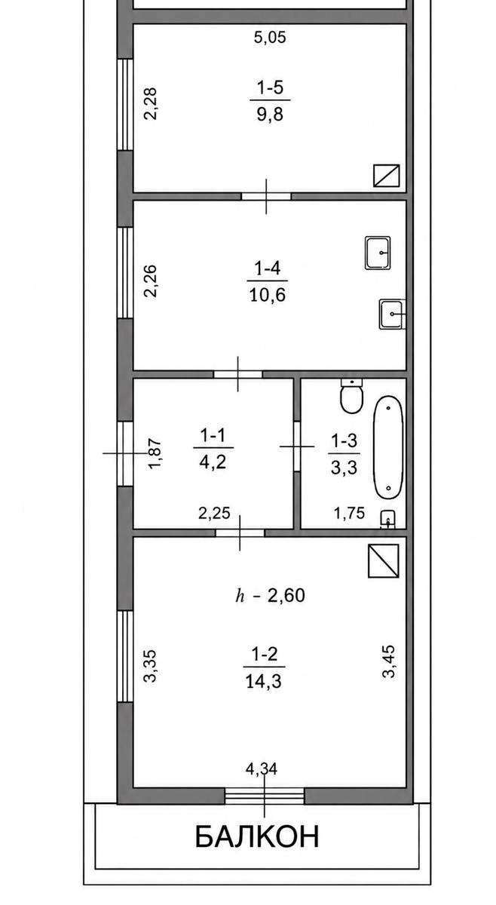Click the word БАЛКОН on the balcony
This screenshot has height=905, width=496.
257,836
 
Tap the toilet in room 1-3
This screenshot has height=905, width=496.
352,396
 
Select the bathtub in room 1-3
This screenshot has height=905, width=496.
388,447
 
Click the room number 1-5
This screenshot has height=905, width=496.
270,87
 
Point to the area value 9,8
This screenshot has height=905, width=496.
270,115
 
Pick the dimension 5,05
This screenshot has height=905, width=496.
270,37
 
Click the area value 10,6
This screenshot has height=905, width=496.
268,295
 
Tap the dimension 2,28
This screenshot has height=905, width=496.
151,104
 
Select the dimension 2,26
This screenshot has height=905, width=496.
151,281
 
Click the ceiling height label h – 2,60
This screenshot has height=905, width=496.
270,596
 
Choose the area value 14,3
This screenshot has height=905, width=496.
263,682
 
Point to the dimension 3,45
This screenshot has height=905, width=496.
388,661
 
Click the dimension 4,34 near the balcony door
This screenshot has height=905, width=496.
262,768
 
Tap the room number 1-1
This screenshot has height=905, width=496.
213,436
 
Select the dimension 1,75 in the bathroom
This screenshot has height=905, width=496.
349,513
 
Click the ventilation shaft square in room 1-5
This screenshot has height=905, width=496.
387,176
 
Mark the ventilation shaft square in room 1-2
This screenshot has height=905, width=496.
384,561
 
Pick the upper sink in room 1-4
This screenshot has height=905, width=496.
378,253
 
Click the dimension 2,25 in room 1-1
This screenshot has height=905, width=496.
214,513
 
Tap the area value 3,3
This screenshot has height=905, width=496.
344,468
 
